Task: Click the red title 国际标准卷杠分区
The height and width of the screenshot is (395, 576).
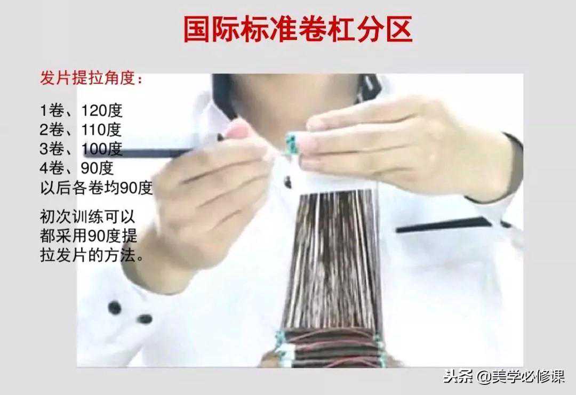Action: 298,29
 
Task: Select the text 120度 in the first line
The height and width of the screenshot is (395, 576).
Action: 102,110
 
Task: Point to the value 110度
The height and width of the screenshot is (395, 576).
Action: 101,130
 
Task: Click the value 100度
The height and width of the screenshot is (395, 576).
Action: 102,149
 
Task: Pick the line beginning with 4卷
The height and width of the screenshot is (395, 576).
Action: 77,168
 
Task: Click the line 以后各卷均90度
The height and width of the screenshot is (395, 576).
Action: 96,188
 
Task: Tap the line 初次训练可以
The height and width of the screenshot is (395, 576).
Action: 87,216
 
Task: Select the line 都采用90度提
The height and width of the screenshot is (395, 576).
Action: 89,236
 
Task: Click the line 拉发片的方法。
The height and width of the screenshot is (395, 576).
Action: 92,255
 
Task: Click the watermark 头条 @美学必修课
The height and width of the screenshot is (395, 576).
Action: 504,377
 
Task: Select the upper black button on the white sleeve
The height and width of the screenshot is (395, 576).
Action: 115,307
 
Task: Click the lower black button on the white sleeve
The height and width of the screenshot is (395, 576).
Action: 145,319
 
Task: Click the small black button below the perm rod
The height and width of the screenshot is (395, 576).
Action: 287,182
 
